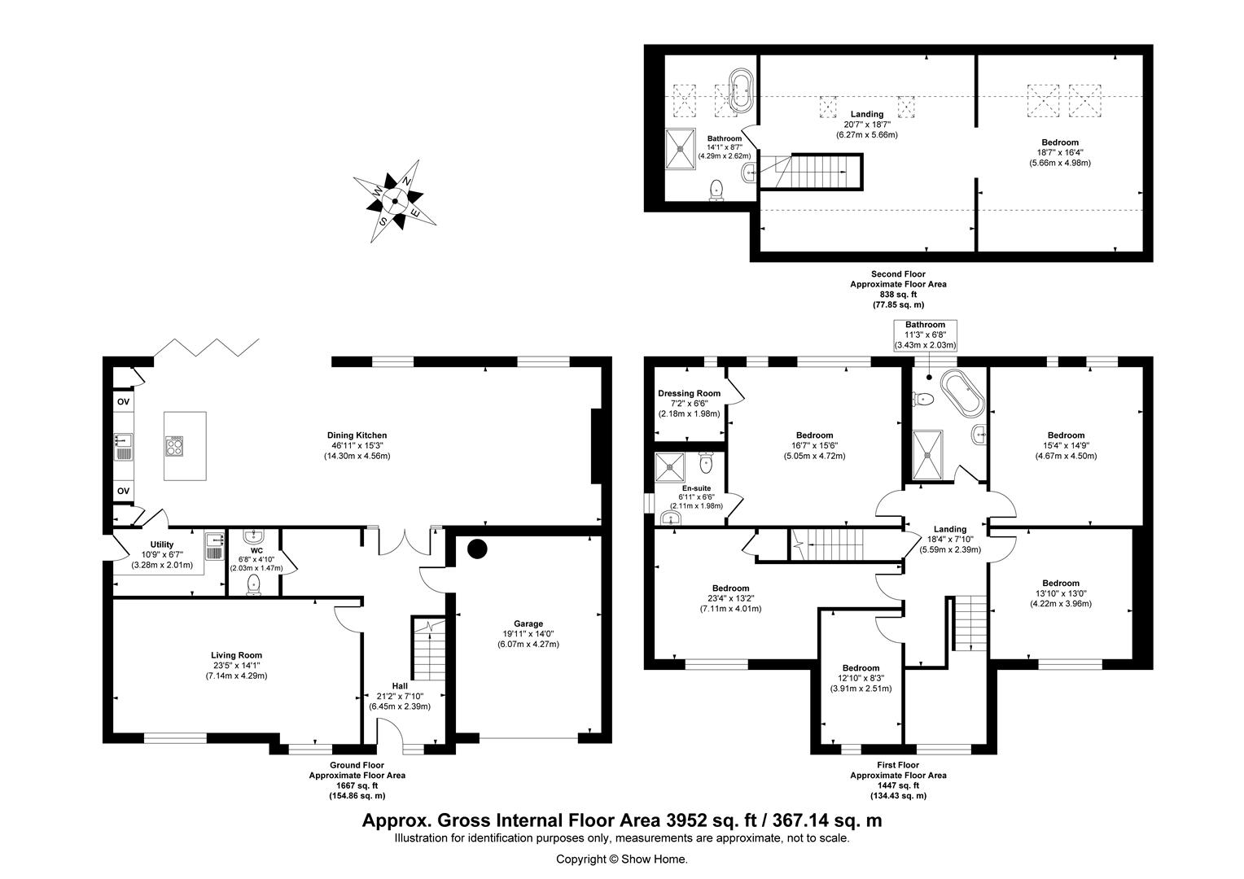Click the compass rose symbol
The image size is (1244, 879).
point(395,201)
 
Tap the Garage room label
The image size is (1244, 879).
point(528,624)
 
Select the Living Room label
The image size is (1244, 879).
point(236,655)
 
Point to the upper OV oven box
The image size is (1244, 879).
point(123,402)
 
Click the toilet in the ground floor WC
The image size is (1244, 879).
point(254,584)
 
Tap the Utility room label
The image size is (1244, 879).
point(162,544)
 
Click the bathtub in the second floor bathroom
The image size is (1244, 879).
point(740,90)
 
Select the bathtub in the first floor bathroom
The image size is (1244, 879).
point(961,394)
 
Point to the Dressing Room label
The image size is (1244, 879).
point(689,393)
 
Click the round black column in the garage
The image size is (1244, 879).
point(476,549)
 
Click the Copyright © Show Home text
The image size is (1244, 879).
point(621,859)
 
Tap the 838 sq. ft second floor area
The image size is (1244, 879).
point(898,295)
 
